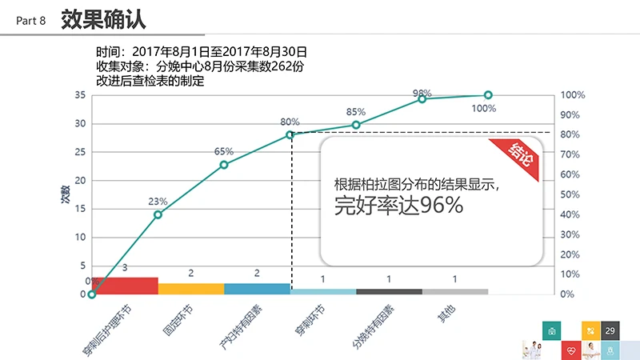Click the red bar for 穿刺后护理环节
[125, 286]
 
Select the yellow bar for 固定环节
[190, 289]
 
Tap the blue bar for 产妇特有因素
[257, 289]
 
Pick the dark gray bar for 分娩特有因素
[389, 292]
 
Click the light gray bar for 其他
[454, 292]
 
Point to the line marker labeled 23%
[158, 214]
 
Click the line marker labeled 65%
[224, 165]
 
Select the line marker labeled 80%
[290, 134]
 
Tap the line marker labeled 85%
[356, 125]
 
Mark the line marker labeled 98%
[422, 98]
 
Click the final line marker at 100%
[488, 95]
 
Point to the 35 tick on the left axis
[80, 95]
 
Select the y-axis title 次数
[65, 194]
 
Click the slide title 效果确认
[103, 19]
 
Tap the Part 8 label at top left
[31, 21]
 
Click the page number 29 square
[610, 331]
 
